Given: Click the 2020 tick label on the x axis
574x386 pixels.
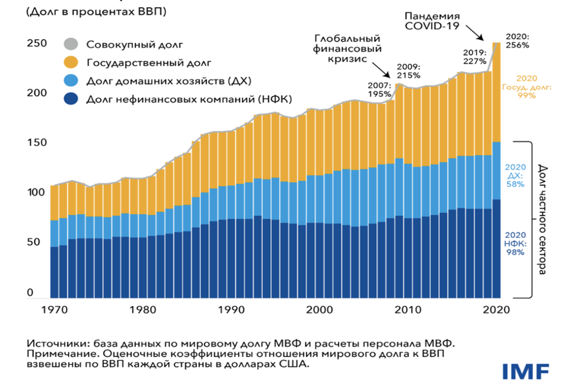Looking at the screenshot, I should pyautogui.click(x=495, y=310).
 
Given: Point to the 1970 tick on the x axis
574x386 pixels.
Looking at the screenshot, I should pyautogui.click(x=54, y=310).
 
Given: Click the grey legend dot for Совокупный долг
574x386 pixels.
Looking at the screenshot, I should pyautogui.click(x=71, y=45).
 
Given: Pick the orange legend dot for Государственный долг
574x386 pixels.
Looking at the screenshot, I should pyautogui.click(x=71, y=63).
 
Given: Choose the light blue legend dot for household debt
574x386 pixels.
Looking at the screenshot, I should pyautogui.click(x=71, y=80).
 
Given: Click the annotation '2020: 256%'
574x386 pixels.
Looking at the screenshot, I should pyautogui.click(x=517, y=41).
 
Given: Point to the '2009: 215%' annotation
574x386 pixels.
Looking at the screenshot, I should pyautogui.click(x=409, y=71).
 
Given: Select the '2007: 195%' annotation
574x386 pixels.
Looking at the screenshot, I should pyautogui.click(x=379, y=89).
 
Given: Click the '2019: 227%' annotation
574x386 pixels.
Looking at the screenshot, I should pyautogui.click(x=475, y=57).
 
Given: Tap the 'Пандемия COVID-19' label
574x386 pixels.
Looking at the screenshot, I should pyautogui.click(x=433, y=20).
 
